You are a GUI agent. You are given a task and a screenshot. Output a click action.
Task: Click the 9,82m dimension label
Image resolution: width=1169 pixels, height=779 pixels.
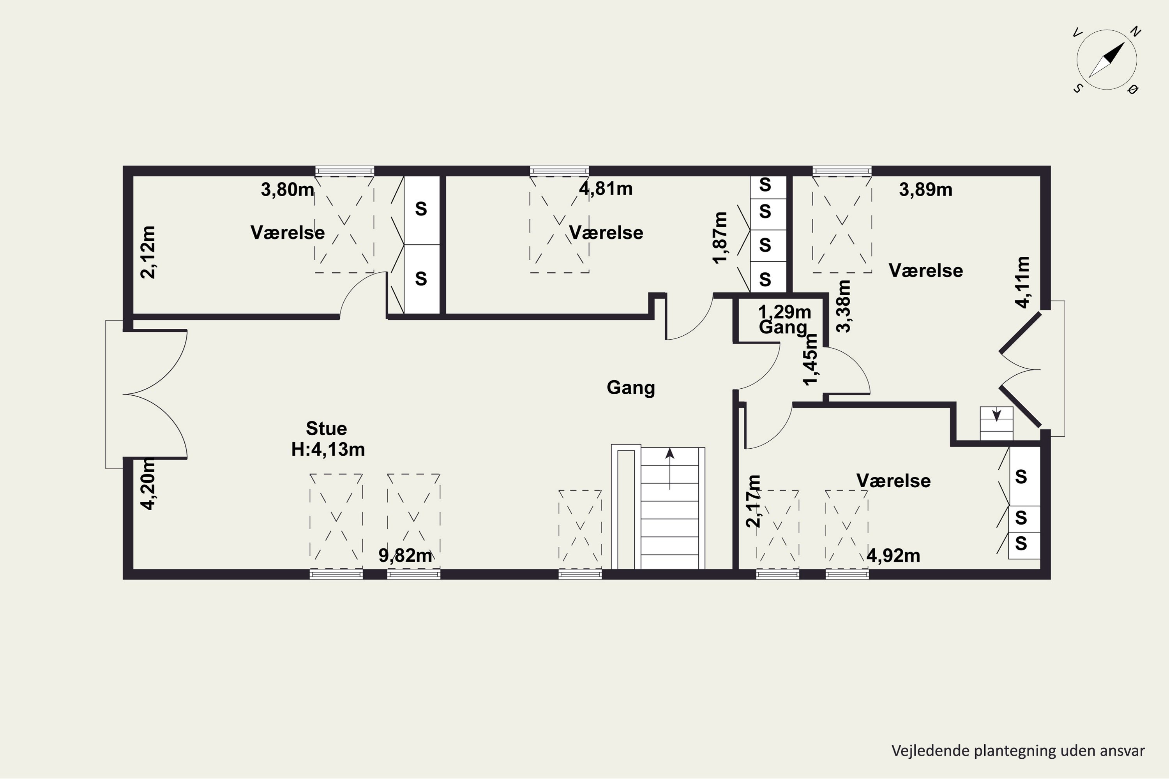point(405,555)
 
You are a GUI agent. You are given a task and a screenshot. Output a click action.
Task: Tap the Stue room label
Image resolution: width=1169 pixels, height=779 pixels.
point(326,428)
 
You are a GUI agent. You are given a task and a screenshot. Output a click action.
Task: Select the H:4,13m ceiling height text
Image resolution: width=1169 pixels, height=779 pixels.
point(328,449)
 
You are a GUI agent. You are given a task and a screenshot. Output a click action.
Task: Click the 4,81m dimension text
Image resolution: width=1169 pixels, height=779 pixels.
point(606,189)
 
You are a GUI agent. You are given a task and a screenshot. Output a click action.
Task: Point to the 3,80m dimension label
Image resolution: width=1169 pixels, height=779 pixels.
point(287,189)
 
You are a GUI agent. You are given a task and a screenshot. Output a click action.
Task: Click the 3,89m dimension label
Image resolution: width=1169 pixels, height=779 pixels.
point(925,190)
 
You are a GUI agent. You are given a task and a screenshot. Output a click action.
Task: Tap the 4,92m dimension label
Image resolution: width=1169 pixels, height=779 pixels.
point(893,556)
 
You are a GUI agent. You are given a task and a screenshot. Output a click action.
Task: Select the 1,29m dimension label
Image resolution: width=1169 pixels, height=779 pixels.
point(784,312)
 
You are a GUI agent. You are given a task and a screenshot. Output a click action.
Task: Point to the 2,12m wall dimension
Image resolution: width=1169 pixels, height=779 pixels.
point(148,252)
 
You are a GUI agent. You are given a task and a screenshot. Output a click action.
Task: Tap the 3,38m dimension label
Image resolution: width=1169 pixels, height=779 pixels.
point(844,306)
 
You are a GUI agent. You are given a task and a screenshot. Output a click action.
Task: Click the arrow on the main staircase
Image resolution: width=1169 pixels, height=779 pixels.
point(670,469)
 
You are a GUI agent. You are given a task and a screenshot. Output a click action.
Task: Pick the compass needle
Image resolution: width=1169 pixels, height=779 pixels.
point(1106,60)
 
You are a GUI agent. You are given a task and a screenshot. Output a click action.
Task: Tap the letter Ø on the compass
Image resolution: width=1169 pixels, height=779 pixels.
point(1134,90)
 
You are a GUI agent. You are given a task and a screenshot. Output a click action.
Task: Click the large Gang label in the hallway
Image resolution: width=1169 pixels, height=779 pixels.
point(631,388)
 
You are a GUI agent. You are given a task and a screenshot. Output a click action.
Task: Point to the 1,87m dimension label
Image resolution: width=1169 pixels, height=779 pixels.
point(720,238)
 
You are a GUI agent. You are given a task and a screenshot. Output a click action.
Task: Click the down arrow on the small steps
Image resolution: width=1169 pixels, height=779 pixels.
point(996,414)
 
